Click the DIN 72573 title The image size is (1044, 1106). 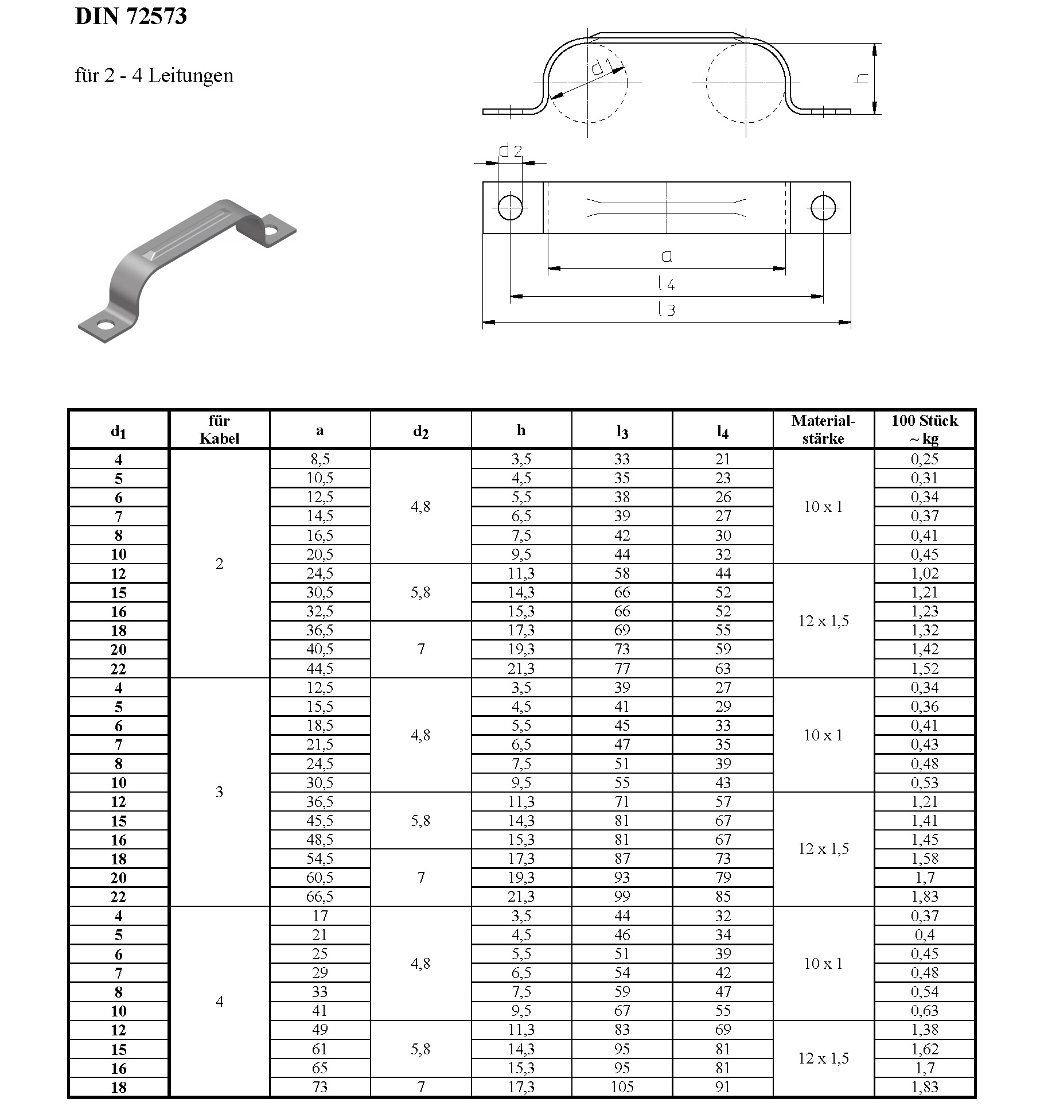coord(131,16)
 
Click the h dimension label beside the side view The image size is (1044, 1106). coord(861,79)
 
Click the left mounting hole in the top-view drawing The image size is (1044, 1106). coord(510,207)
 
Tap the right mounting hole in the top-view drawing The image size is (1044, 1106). coord(823,207)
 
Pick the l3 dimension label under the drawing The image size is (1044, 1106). coord(666,310)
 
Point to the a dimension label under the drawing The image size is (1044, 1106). coord(666,257)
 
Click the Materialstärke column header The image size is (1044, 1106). coord(823,429)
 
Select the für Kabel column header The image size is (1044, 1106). coord(219,429)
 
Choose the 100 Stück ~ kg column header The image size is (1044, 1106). coord(924,429)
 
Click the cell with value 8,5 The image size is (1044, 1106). coord(320,459)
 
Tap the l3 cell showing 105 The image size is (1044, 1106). coord(622,1086)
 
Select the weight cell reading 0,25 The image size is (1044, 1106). coord(924,459)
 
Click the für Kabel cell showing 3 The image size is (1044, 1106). coord(219,792)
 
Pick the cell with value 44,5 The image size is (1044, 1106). coord(320,669)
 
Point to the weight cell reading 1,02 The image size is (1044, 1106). coord(924,573)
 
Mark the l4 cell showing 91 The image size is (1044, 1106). coord(723,1086)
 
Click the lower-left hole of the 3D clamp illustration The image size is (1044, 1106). coord(104,326)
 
